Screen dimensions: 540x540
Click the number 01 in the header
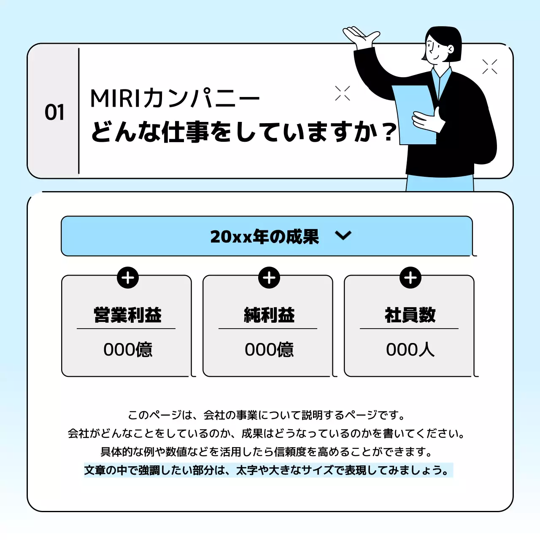point(55,112)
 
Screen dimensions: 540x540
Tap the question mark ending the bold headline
point(389,132)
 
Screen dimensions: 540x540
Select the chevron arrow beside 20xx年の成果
point(343,235)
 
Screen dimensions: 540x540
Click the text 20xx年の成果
point(265,236)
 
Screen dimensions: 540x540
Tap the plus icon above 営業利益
point(128,278)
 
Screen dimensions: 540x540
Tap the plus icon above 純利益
point(269,278)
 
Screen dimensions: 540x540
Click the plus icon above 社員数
point(410,278)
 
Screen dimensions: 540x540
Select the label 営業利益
point(127,315)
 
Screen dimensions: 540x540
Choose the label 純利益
point(269,315)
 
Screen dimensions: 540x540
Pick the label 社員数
point(410,315)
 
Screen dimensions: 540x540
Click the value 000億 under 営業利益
point(128,349)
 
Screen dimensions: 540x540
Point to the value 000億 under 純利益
point(269,349)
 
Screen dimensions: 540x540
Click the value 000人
point(410,349)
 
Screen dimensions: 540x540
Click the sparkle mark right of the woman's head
point(490,67)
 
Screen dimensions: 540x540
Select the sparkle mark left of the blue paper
point(343,93)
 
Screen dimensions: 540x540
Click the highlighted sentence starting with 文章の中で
point(268,470)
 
